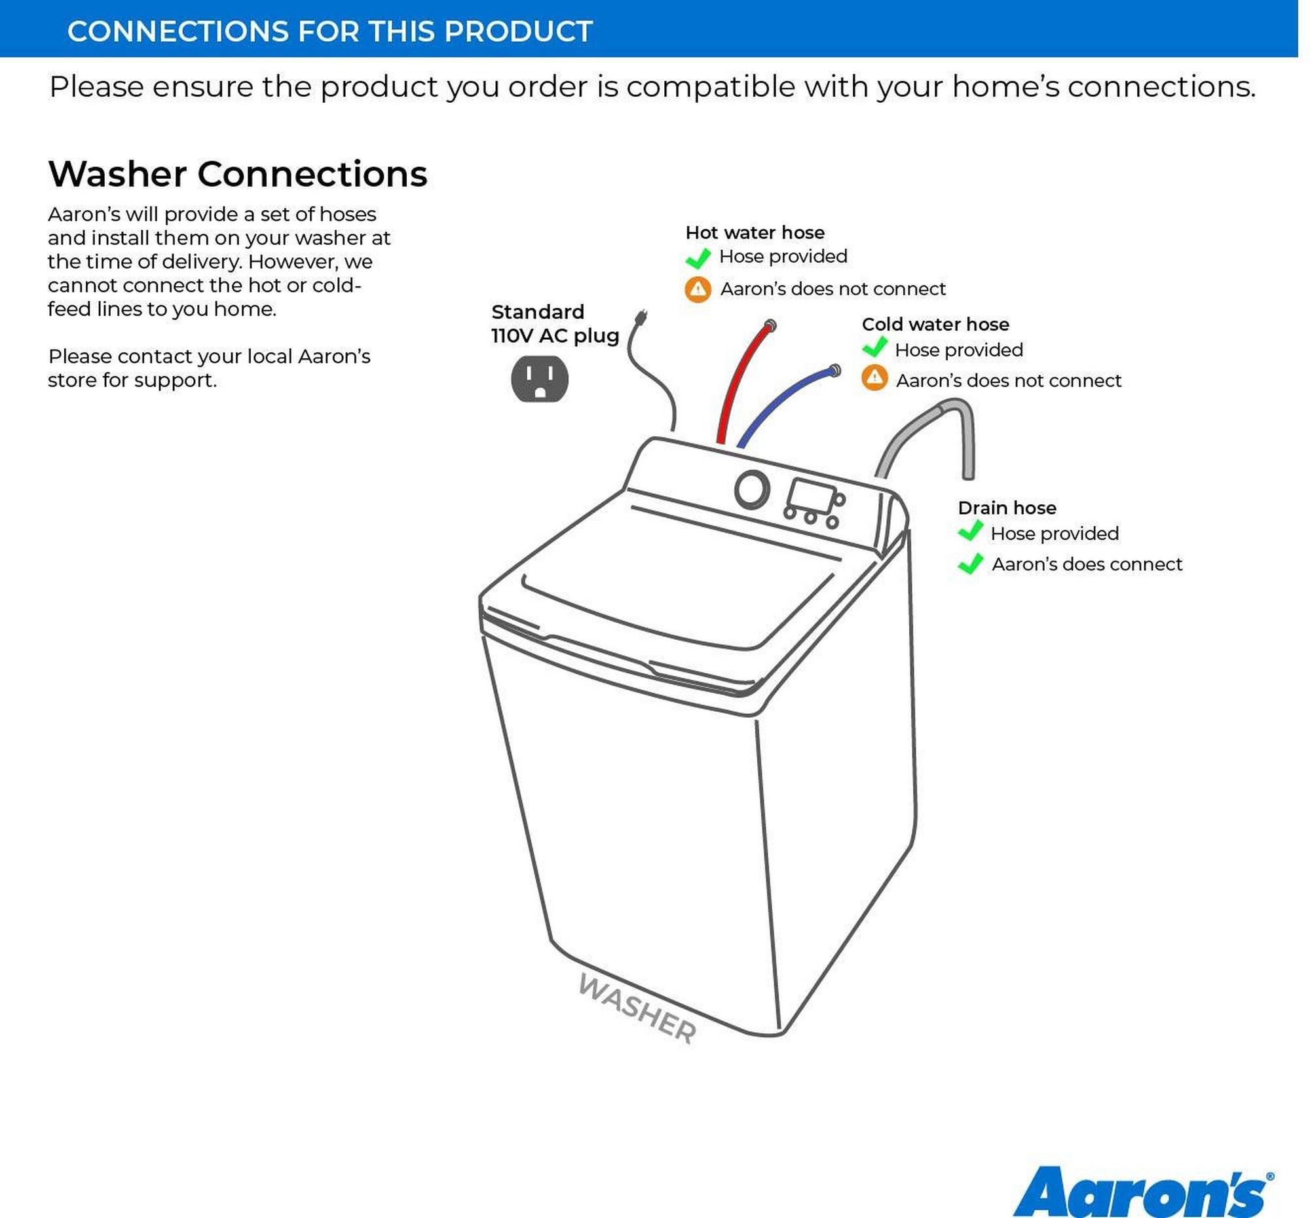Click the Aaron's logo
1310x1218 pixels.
point(1143,1192)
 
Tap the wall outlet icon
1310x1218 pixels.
point(540,378)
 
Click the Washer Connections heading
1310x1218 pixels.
point(238,174)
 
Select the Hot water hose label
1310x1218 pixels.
point(755,232)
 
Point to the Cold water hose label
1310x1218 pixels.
point(935,324)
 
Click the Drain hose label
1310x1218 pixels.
point(1007,508)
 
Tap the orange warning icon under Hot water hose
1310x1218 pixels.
point(698,289)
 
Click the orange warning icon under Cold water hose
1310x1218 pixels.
point(874,377)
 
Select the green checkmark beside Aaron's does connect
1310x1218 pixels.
point(971,564)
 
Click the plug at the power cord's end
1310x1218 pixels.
point(640,318)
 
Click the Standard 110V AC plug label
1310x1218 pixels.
point(555,323)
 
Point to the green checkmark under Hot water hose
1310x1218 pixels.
point(698,258)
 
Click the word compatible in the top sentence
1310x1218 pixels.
point(711,87)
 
